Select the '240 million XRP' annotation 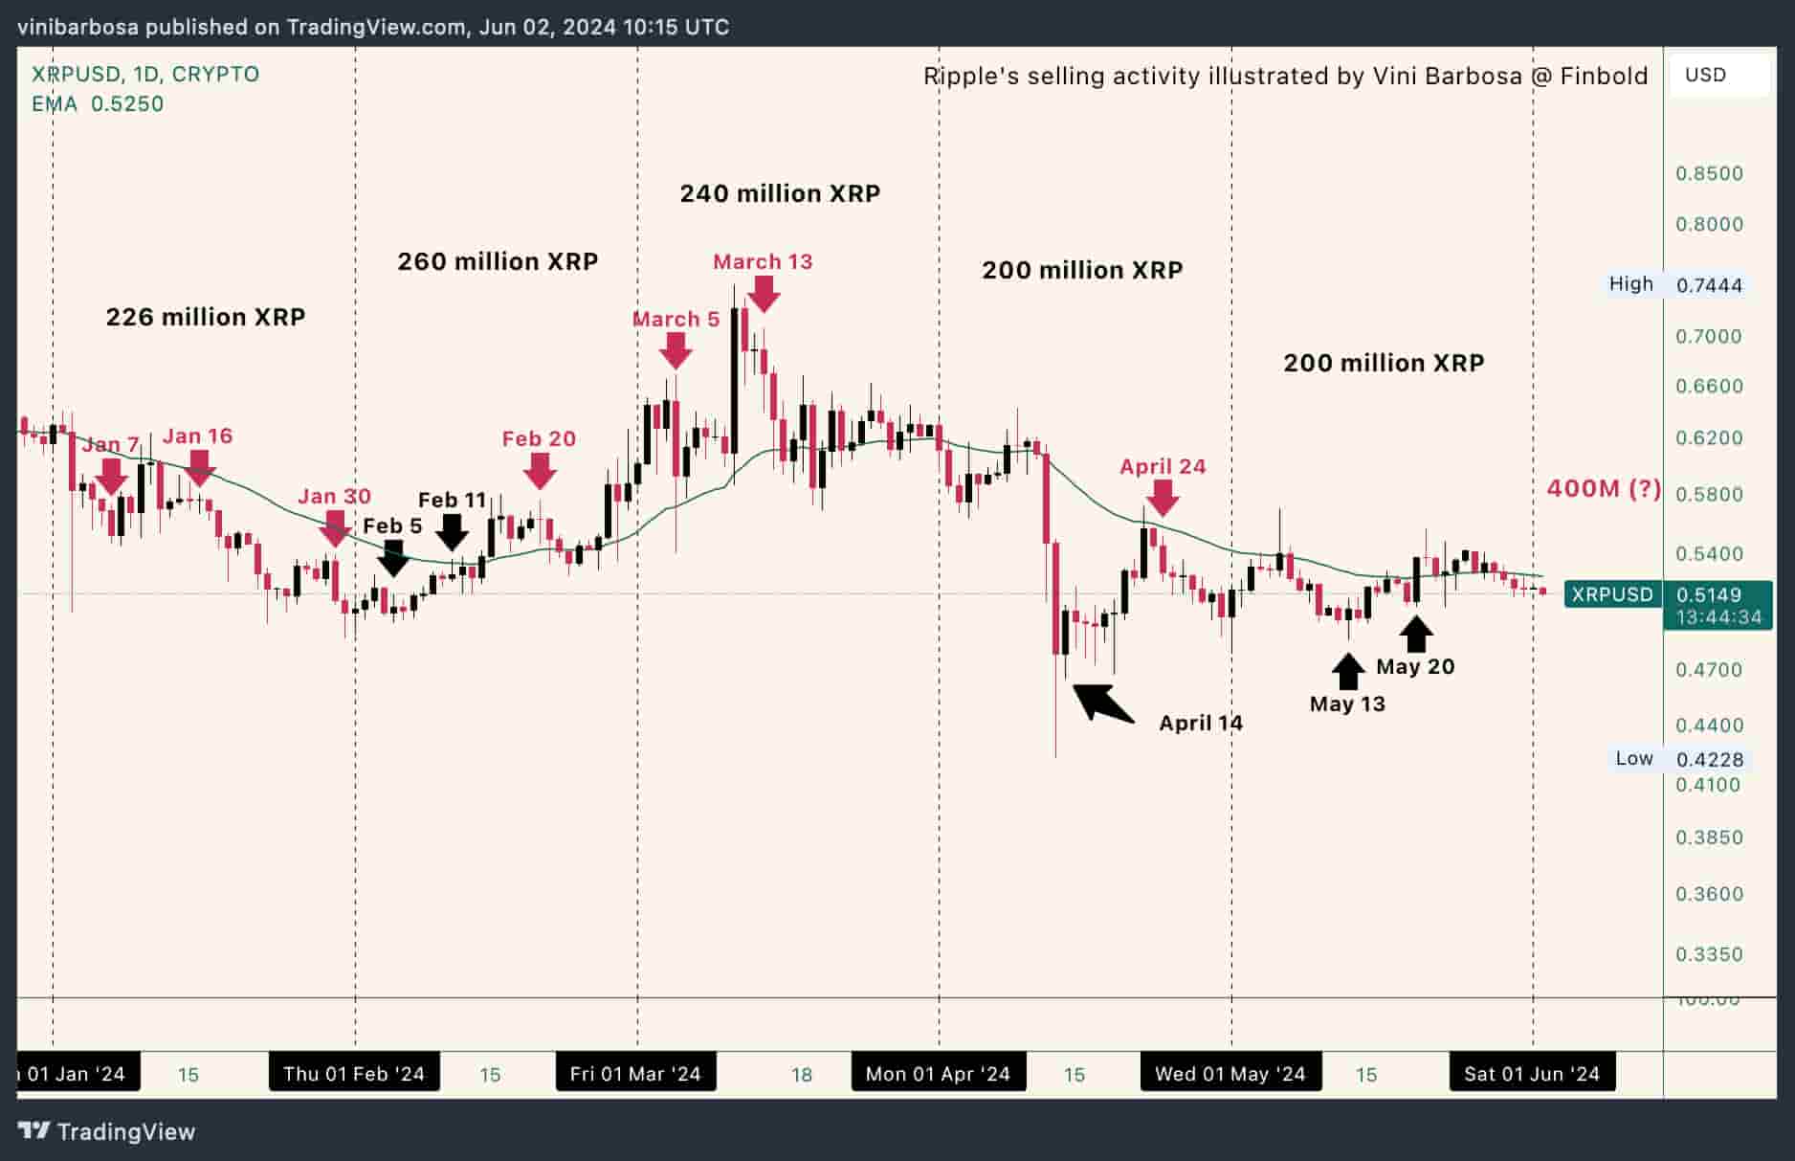(780, 193)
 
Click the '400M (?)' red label (1604, 488)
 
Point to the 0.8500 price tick (1709, 174)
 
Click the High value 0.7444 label (1709, 285)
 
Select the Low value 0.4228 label (1709, 760)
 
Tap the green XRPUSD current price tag (1612, 594)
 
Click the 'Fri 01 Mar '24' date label (635, 1074)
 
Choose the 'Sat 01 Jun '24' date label (1531, 1074)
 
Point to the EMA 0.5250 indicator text (98, 104)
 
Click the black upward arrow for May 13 (1347, 671)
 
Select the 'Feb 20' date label (539, 438)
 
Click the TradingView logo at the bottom (107, 1131)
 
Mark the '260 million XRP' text (498, 261)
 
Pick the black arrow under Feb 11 (452, 531)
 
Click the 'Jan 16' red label (197, 436)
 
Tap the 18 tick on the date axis (802, 1075)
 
